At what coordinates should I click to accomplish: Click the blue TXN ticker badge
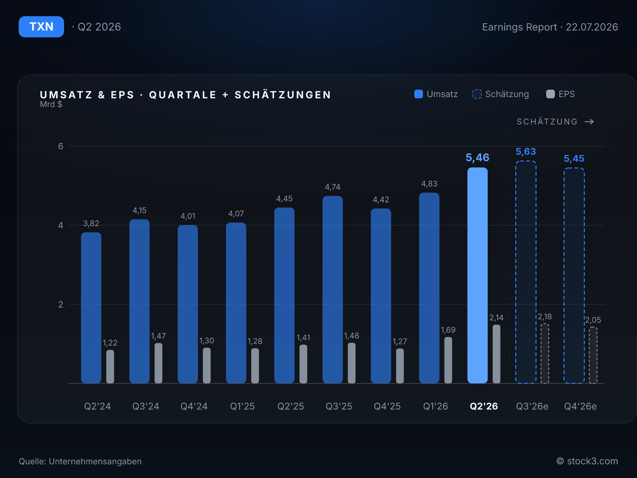tap(41, 27)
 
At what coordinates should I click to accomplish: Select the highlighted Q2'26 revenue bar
tap(477, 275)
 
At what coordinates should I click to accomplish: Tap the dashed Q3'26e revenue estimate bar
tap(526, 272)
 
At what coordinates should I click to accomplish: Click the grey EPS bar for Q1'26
tap(448, 360)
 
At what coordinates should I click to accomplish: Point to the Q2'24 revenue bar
tap(91, 308)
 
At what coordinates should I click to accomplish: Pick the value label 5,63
tap(526, 151)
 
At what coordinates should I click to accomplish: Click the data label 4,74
tap(332, 187)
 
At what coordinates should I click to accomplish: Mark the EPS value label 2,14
tap(496, 317)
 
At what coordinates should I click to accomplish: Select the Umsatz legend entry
tap(436, 94)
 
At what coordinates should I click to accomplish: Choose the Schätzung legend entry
tap(500, 94)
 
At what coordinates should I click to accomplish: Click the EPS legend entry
tap(560, 94)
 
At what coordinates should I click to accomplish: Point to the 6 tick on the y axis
tap(61, 146)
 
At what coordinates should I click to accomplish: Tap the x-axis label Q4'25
tap(387, 406)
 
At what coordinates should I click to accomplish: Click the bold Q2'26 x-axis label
tap(484, 406)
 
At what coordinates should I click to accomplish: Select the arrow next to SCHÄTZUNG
tap(589, 121)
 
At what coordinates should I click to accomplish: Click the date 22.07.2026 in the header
tap(592, 27)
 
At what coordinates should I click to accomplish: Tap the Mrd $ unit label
tap(51, 104)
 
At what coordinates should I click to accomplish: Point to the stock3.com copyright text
tap(587, 461)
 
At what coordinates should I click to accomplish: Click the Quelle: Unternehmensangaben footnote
tap(80, 461)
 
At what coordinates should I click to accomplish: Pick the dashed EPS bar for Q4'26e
tap(593, 355)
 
